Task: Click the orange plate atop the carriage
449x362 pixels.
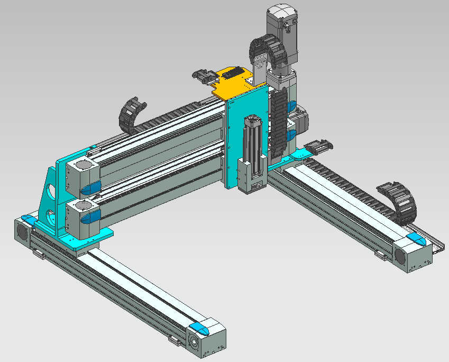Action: pyautogui.click(x=233, y=87)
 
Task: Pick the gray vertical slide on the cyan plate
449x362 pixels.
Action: pyautogui.click(x=251, y=153)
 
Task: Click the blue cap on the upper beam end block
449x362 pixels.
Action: pyautogui.click(x=91, y=187)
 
